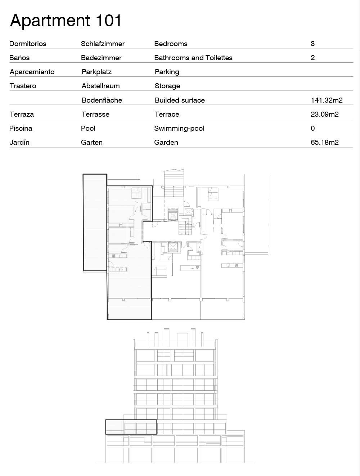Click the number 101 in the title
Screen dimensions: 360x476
(x=108, y=21)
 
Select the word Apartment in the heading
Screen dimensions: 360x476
(x=50, y=21)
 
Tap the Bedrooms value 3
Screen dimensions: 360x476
(x=312, y=44)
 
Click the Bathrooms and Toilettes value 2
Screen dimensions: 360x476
(x=312, y=58)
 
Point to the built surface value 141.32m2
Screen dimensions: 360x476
(x=327, y=100)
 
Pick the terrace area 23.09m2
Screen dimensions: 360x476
(x=325, y=114)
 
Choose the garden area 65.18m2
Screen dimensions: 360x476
(x=325, y=142)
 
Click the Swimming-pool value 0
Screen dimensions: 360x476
(x=312, y=128)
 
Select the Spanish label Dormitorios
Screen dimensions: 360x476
(x=28, y=44)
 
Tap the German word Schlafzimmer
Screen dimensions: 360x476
(x=103, y=44)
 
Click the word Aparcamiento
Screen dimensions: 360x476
(x=32, y=72)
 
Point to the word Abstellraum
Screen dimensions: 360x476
(x=100, y=86)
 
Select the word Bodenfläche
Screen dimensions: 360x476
(x=102, y=100)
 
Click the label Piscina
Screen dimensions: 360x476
(x=21, y=128)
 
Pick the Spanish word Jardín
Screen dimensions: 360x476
(x=19, y=142)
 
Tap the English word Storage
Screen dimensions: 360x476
(x=167, y=86)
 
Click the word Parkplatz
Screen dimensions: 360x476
(x=96, y=72)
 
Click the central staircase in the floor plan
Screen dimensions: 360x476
(x=185, y=226)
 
